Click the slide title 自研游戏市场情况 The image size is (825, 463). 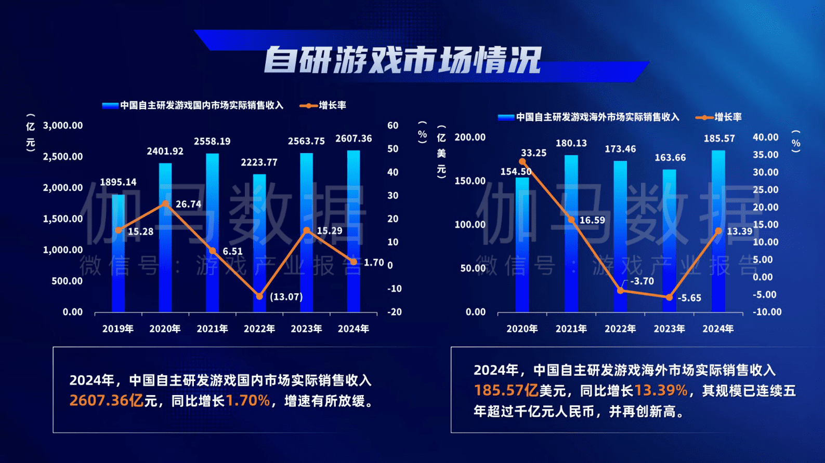403,60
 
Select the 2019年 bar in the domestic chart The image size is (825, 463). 119,254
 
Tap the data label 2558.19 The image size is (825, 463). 212,141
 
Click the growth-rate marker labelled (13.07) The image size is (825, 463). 259,296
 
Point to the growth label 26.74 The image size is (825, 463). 188,204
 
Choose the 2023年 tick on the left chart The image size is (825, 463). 306,329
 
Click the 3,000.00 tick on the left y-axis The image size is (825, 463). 63,126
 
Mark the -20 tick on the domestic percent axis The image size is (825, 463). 395,312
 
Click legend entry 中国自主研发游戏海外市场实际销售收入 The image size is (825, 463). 588,117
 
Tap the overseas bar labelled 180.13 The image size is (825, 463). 571,234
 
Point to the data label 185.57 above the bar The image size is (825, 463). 719,139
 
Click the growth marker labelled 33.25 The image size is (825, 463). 522,162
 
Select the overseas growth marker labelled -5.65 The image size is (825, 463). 669,297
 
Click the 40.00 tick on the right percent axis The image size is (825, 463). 765,137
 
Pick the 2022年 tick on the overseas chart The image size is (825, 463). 620,329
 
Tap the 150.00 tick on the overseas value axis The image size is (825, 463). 470,181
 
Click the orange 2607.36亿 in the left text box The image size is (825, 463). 107,401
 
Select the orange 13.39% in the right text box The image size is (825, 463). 661,390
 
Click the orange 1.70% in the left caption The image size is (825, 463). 248,401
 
